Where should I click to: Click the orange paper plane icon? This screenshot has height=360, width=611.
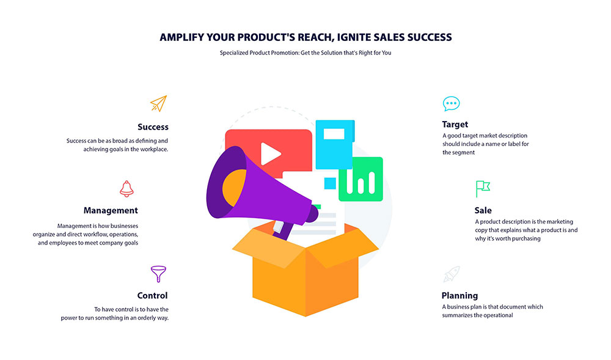(x=159, y=104)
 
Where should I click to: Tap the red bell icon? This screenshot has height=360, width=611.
(x=126, y=189)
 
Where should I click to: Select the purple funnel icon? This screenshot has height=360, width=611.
(x=159, y=274)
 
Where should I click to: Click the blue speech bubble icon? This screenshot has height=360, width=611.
(x=452, y=104)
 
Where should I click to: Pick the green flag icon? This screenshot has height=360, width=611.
(x=483, y=189)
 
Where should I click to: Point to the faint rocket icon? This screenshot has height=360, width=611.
(x=452, y=274)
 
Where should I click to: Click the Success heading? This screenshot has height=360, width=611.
(x=153, y=127)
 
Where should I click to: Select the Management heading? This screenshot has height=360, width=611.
(x=111, y=210)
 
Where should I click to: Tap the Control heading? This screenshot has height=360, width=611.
(x=152, y=296)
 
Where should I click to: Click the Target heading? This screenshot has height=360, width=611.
(x=455, y=125)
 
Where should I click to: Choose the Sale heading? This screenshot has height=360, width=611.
(x=483, y=210)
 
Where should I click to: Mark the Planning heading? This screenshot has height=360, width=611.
(x=460, y=296)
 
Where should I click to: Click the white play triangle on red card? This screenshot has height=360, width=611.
(x=270, y=154)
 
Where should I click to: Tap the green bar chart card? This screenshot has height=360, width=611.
(x=361, y=179)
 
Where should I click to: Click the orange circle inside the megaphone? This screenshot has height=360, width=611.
(x=235, y=188)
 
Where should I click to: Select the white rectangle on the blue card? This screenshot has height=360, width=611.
(x=334, y=134)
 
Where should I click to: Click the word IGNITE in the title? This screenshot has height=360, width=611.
(x=354, y=37)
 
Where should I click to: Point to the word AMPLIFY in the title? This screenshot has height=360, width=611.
(x=181, y=37)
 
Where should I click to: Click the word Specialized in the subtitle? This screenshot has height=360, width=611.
(x=234, y=53)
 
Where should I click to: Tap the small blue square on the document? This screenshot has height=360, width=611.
(x=330, y=183)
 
